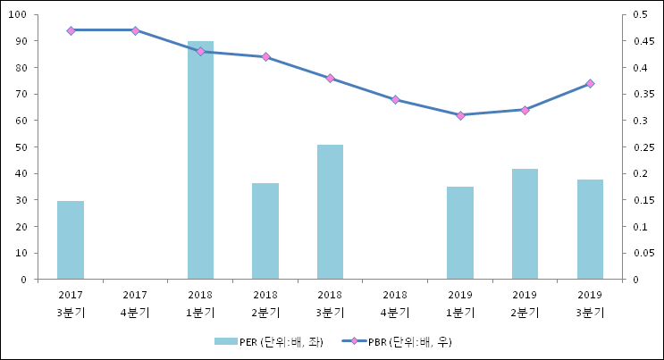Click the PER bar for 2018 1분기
(200, 161)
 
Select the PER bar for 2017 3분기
(71, 240)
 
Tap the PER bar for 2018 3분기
(330, 212)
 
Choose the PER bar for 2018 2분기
(265, 231)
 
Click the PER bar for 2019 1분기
(460, 233)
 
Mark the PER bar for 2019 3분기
(590, 230)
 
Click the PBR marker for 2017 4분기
(135, 30)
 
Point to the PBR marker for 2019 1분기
(460, 115)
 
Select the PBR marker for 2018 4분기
(395, 100)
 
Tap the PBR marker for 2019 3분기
(590, 84)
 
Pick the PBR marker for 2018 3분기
(330, 79)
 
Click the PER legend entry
(268, 342)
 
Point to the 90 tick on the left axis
(19, 41)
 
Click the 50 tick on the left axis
(19, 147)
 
